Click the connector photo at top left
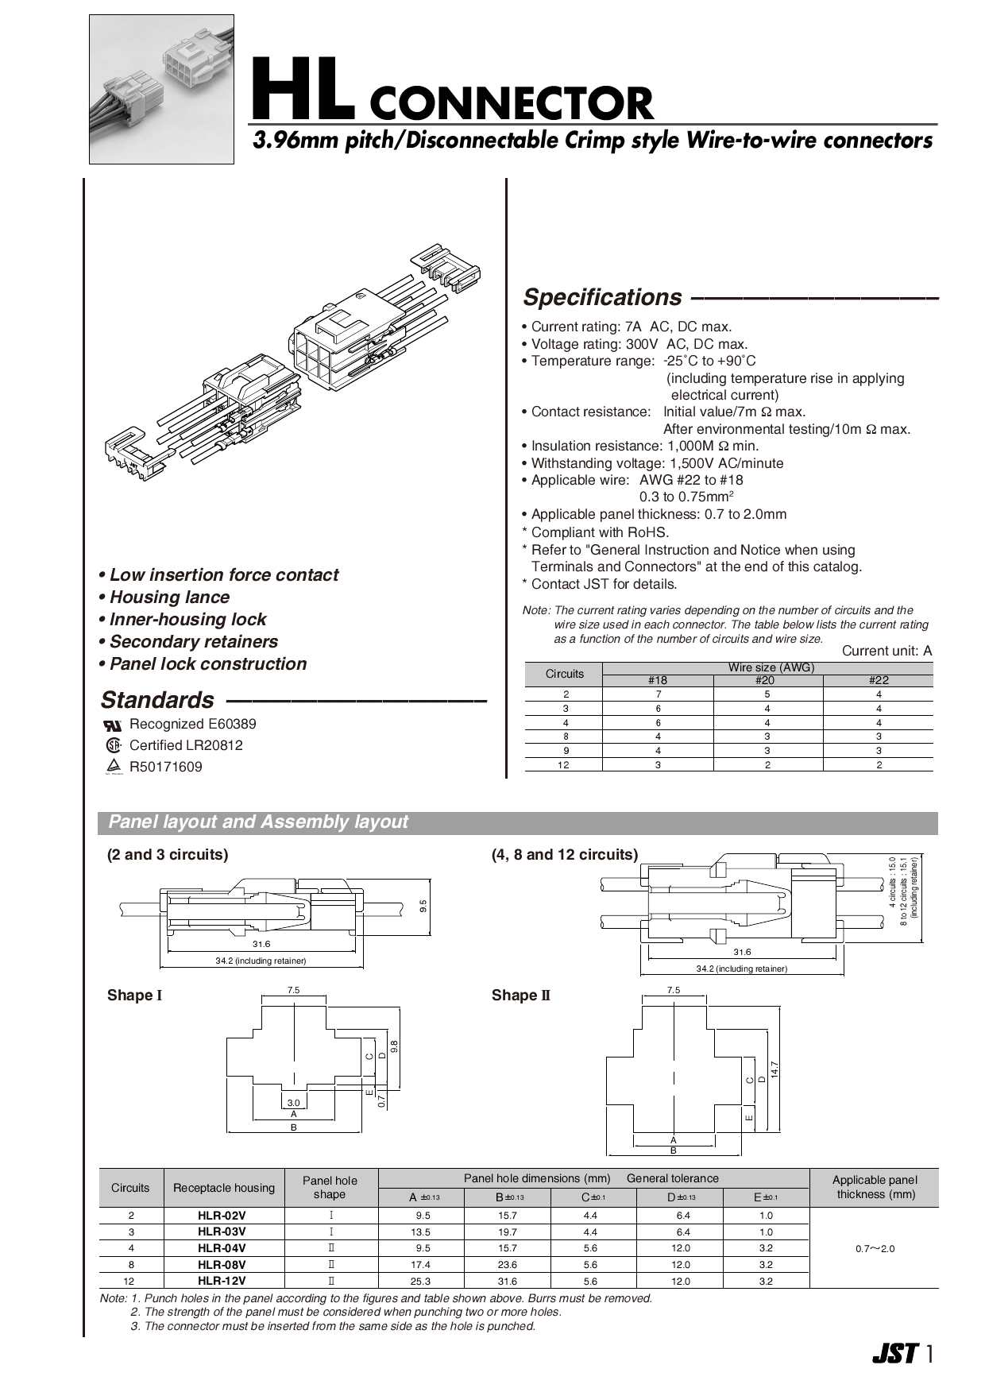click(x=161, y=89)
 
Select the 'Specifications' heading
click(x=601, y=297)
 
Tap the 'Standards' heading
click(x=157, y=700)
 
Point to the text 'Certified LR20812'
click(x=186, y=745)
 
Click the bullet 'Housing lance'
click(x=169, y=597)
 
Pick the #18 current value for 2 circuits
click(x=658, y=694)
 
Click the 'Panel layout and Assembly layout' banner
click(x=258, y=822)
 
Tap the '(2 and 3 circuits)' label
click(x=168, y=855)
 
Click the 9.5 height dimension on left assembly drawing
click(x=423, y=905)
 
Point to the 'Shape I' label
click(x=134, y=996)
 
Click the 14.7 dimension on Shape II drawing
click(x=775, y=1069)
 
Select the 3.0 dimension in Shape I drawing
click(x=293, y=1103)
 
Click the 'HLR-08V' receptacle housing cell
click(x=222, y=1265)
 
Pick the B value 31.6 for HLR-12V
click(x=507, y=1282)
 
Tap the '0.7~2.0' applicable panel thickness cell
click(x=875, y=1249)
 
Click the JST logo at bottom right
click(x=894, y=1354)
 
